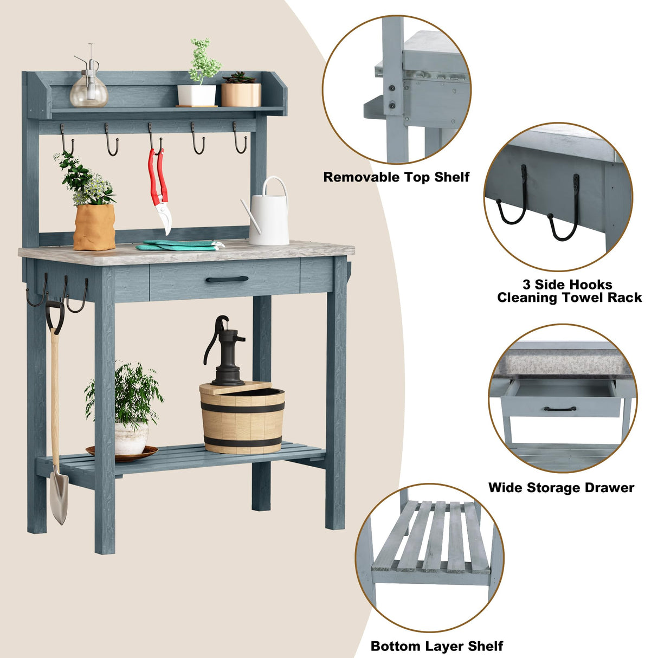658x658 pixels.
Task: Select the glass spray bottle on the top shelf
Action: (x=89, y=89)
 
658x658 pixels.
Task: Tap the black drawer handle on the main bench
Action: (x=227, y=279)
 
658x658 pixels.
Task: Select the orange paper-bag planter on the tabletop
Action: (x=94, y=227)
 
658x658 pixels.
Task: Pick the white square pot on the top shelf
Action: (x=197, y=95)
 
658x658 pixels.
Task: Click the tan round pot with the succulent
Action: (x=241, y=94)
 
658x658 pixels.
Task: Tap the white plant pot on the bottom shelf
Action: (x=131, y=438)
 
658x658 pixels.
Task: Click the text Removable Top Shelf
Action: (x=396, y=177)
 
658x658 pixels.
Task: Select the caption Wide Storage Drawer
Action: (x=561, y=488)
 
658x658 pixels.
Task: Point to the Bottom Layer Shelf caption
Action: (x=437, y=646)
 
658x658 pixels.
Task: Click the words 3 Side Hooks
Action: (x=567, y=285)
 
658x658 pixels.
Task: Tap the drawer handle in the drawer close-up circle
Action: (x=560, y=409)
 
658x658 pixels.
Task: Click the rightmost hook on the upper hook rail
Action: (x=240, y=139)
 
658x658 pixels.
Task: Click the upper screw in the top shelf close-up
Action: (x=391, y=87)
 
